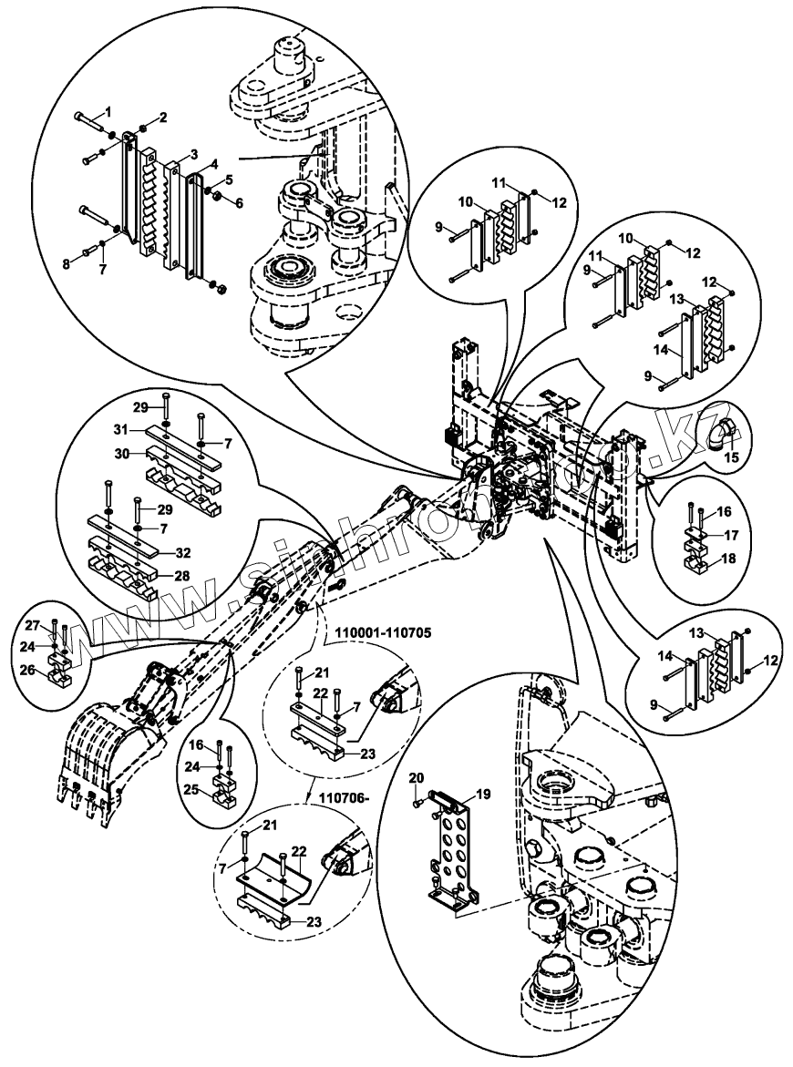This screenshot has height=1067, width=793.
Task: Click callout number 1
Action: point(108,110)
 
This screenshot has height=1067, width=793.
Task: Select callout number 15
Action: point(731,457)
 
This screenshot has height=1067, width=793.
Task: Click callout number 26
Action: point(27,671)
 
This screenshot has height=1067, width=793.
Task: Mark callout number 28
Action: point(181,576)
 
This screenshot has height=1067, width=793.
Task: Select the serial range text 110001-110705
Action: point(382,631)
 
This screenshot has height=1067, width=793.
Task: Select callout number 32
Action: point(182,552)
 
